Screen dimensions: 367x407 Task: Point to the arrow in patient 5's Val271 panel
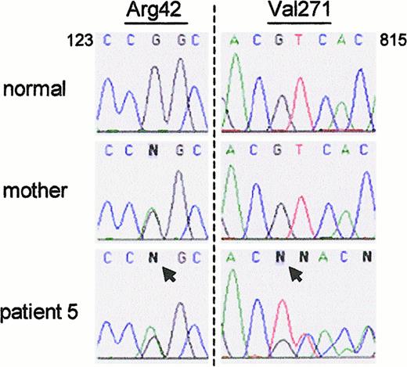296,273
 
